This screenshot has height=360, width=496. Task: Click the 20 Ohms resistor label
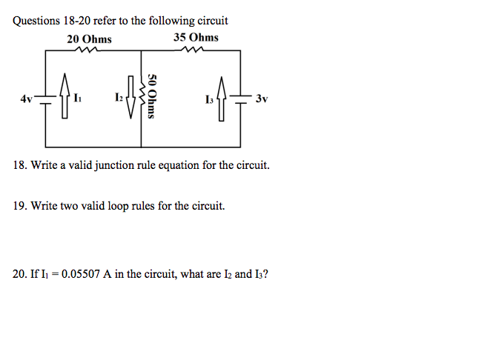90,39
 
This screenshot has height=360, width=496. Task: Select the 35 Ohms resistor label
196,37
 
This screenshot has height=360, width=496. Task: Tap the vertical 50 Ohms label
152,96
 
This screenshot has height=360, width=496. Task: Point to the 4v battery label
27,98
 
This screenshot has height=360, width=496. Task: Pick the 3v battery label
261,98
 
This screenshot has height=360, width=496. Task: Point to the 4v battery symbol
45,98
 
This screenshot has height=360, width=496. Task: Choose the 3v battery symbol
242,97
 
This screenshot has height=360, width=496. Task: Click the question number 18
20,166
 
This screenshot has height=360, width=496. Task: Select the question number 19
20,207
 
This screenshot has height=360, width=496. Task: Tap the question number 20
20,274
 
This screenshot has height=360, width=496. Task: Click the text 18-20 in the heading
74,21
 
